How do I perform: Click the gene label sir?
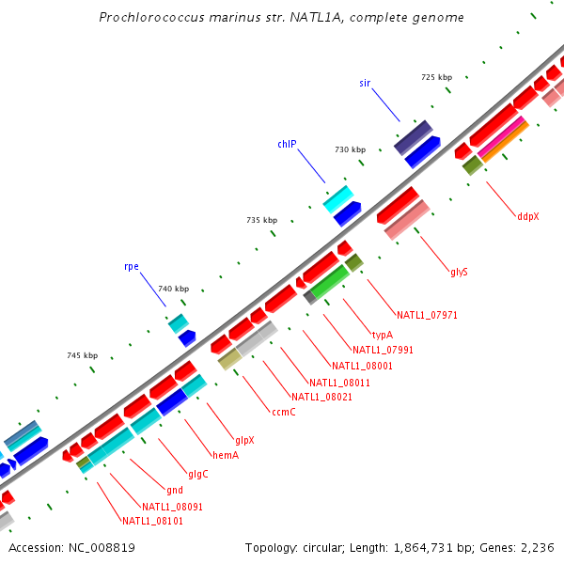(365, 83)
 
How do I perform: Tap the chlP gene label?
(287, 144)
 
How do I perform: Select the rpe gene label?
(132, 266)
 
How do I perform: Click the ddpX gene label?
(527, 216)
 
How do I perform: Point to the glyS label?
(459, 273)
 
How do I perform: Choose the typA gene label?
(382, 335)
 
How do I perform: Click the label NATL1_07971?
(427, 315)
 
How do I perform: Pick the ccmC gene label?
(284, 412)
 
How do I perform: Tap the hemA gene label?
(226, 455)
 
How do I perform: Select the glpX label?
(245, 440)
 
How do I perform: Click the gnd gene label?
(175, 490)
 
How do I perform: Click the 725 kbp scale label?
(436, 77)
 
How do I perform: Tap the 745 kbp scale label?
(83, 355)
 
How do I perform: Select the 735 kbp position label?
(261, 220)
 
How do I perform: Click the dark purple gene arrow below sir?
(413, 136)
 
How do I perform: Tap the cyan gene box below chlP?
(338, 197)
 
